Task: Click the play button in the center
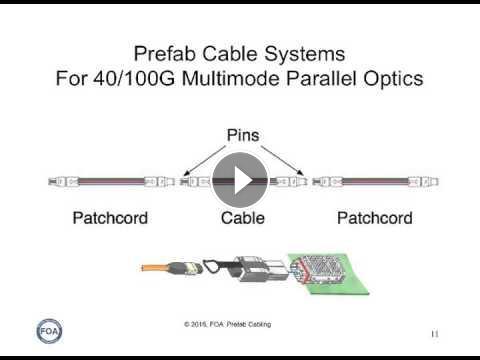click(x=240, y=180)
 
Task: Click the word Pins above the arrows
click(x=243, y=135)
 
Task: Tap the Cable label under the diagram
click(x=243, y=218)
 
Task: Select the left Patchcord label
click(x=110, y=218)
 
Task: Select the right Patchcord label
click(x=375, y=218)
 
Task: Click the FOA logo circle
click(x=49, y=331)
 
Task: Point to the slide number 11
click(x=435, y=334)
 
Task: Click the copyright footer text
click(x=228, y=324)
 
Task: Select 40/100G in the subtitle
click(x=134, y=79)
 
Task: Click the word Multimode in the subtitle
click(x=231, y=79)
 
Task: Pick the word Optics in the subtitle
click(x=393, y=79)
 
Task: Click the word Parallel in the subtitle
click(x=321, y=79)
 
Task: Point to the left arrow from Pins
click(x=205, y=161)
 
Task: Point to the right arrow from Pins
click(x=282, y=161)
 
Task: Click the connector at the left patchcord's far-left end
click(x=64, y=182)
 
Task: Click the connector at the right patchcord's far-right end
click(x=423, y=182)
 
